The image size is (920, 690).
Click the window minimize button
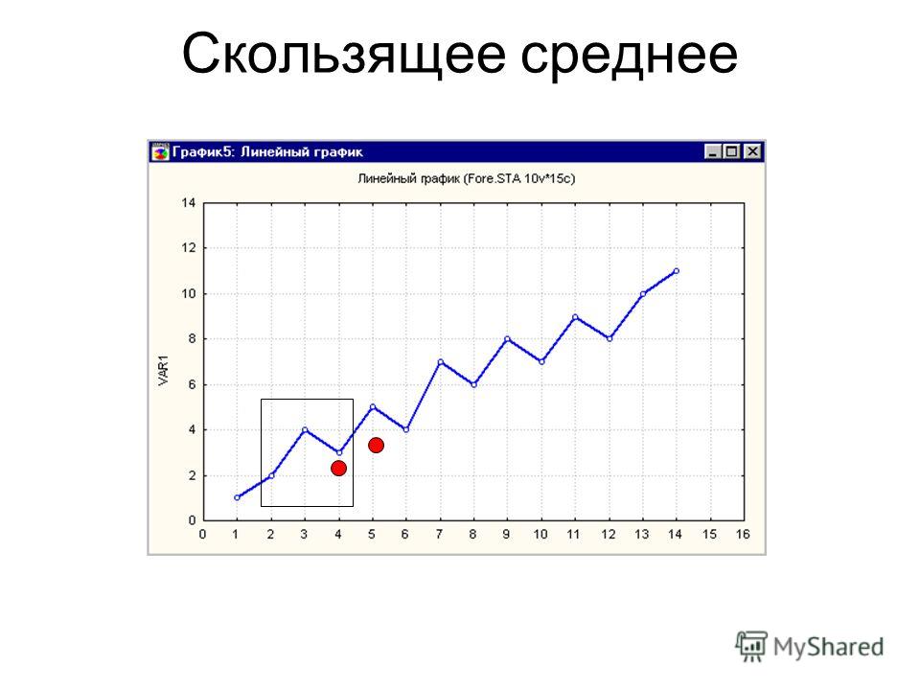coord(713,152)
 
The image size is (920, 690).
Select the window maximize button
coord(731,152)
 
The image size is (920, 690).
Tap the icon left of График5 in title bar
coord(160,152)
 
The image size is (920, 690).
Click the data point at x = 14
coord(677,271)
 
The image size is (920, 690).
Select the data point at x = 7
coord(440,362)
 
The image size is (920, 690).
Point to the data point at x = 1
coord(237,497)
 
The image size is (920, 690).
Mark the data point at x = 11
coord(575,317)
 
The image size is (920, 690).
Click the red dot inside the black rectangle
coord(338,469)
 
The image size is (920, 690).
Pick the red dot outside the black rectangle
coord(376,446)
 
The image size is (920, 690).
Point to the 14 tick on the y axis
coord(189,203)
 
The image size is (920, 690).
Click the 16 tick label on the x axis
coord(743,534)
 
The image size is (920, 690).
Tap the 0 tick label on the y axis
coord(192,519)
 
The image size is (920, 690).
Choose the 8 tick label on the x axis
coord(472,534)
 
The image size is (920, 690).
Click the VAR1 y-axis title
coord(163,370)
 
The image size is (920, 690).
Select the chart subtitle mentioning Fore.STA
coord(467,178)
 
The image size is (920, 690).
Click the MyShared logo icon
coord(751,646)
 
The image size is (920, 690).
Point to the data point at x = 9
coord(508,339)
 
